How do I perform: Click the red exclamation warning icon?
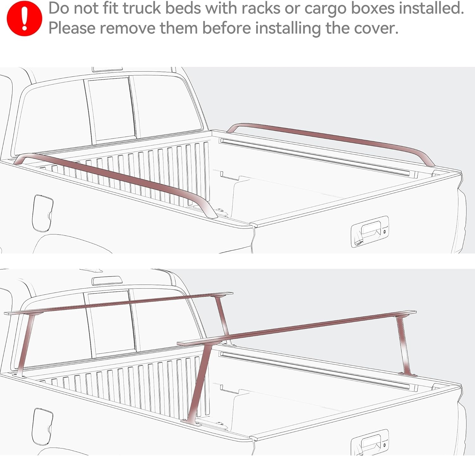tap(24, 18)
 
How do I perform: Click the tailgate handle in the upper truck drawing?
tap(370, 231)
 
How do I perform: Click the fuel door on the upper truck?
tap(42, 213)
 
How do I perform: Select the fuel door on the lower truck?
tap(42, 426)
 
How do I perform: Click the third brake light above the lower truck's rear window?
tap(107, 280)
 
